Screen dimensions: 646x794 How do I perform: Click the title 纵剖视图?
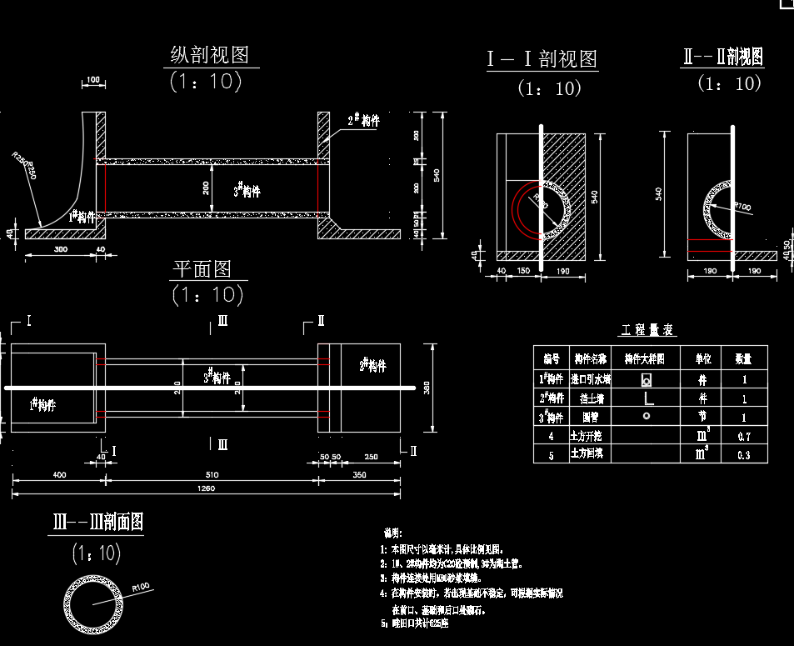pyautogui.click(x=209, y=56)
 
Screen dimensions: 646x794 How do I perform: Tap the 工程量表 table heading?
pyautogui.click(x=647, y=331)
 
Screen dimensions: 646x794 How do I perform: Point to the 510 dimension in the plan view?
pyautogui.click(x=212, y=474)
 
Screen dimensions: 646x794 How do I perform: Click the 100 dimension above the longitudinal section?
pyautogui.click(x=92, y=80)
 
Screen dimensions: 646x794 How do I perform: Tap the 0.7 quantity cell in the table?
pyautogui.click(x=742, y=436)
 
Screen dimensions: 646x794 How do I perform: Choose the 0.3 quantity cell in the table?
pyautogui.click(x=742, y=454)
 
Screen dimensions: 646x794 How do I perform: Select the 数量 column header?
pyautogui.click(x=742, y=359)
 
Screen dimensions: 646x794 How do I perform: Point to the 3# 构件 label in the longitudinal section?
pyautogui.click(x=247, y=190)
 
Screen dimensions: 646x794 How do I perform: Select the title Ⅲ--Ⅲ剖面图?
pyautogui.click(x=97, y=523)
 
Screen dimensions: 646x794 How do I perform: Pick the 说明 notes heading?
pyautogui.click(x=392, y=533)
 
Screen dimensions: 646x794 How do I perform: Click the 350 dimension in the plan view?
pyautogui.click(x=360, y=474)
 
